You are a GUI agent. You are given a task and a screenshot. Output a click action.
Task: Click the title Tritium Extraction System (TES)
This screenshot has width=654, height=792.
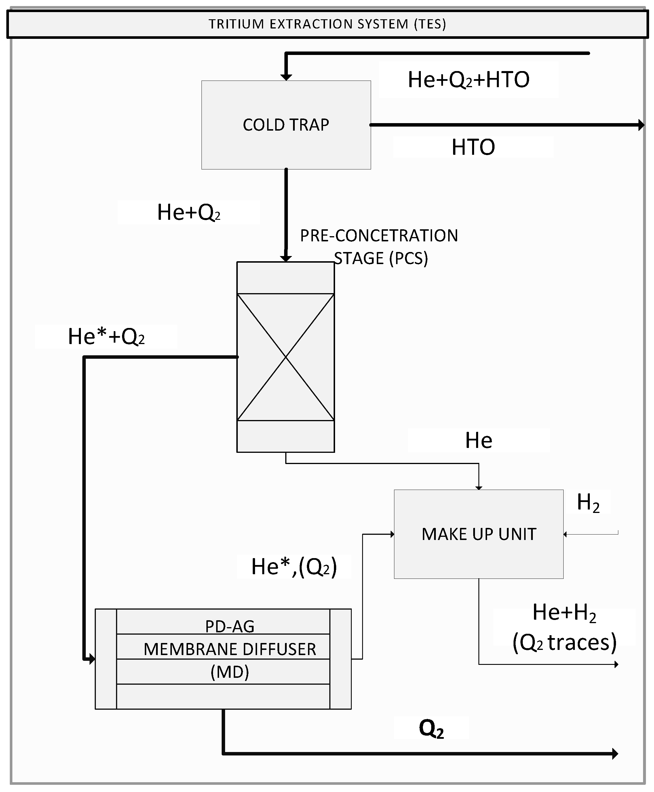[327, 24]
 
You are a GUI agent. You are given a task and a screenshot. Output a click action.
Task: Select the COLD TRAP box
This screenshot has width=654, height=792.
[286, 125]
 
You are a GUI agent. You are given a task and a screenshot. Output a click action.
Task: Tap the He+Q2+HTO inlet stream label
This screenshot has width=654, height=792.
[468, 80]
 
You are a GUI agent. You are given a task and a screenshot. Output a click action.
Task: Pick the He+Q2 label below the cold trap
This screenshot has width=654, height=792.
[188, 212]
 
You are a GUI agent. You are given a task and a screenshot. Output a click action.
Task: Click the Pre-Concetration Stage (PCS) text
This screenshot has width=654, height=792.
[379, 247]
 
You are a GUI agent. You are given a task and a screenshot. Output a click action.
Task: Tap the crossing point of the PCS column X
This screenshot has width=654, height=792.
[286, 357]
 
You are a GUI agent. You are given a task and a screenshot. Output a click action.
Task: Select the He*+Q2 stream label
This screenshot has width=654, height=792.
[106, 337]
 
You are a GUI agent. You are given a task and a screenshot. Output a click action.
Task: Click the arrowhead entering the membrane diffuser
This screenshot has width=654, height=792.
[92, 659]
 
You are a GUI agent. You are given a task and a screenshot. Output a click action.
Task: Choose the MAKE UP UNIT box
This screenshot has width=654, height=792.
[478, 534]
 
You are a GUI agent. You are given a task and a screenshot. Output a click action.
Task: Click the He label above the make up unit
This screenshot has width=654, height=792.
[478, 440]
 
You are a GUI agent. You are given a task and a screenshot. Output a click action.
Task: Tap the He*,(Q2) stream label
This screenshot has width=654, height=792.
[294, 566]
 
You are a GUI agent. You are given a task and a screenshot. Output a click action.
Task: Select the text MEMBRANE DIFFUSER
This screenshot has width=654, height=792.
[230, 649]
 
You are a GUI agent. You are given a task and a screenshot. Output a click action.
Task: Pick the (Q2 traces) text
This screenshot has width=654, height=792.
[564, 643]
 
